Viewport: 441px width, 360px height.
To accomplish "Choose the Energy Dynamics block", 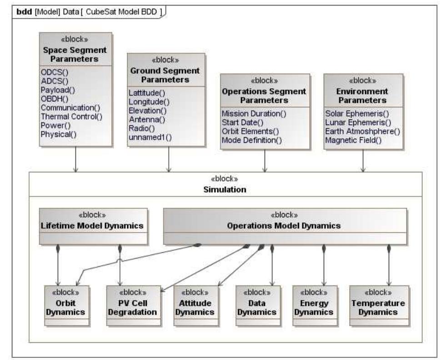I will [x=315, y=305].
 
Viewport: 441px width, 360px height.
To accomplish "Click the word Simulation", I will [x=225, y=190].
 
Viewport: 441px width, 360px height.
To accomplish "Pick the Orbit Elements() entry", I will [x=250, y=131].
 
